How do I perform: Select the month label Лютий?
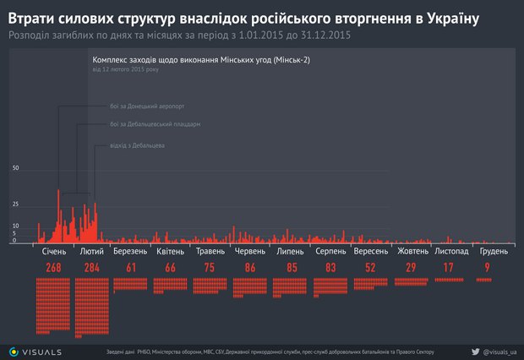point(91,252)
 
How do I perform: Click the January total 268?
point(53,268)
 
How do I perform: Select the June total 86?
point(251,268)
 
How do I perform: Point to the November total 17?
point(450,268)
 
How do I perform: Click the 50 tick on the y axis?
point(15,168)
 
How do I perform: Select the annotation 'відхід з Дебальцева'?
point(136,146)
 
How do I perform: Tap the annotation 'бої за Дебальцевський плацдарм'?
point(155,124)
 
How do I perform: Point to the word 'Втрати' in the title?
point(30,17)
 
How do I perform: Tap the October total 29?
point(410,268)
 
